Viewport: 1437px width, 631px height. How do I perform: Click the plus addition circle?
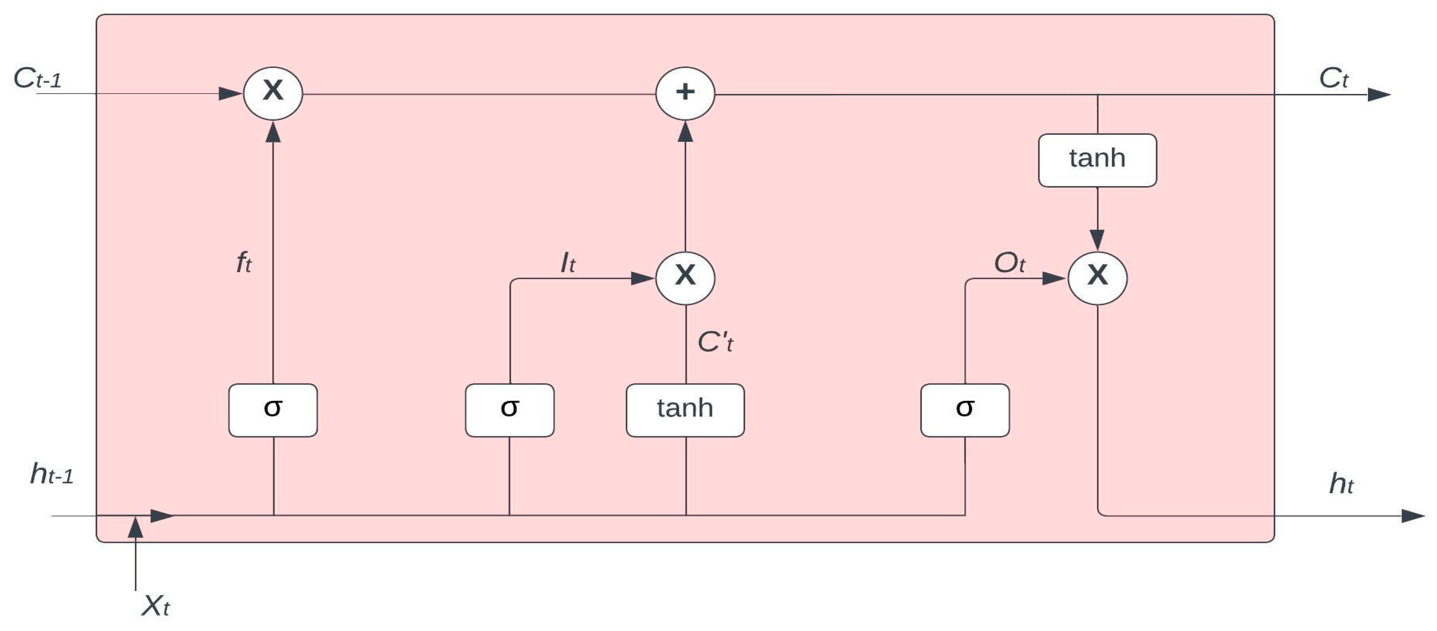coord(685,93)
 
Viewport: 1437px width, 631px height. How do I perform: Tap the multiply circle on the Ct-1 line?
coord(273,93)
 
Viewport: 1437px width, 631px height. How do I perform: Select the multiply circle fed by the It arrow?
coord(685,277)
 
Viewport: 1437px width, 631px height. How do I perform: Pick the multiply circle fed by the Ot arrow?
coord(1097,277)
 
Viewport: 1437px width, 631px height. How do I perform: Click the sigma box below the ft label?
coord(273,410)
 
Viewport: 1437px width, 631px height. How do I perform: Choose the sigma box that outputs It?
coord(509,410)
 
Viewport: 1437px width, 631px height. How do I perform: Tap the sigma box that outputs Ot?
coord(964,410)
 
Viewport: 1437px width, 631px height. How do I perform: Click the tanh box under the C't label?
coord(685,410)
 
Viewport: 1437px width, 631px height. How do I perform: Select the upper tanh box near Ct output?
coord(1097,160)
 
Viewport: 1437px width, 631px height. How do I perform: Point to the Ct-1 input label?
coord(37,79)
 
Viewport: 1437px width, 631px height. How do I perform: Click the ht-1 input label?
coord(52,475)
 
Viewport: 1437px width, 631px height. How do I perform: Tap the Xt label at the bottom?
coord(155,606)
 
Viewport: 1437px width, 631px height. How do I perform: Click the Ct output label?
coord(1333,79)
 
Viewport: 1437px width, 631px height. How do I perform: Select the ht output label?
coord(1341,484)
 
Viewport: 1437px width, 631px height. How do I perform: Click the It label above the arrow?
coord(568,263)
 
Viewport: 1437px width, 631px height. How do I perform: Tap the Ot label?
coord(1010,263)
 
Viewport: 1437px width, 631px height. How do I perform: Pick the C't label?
coord(715,342)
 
